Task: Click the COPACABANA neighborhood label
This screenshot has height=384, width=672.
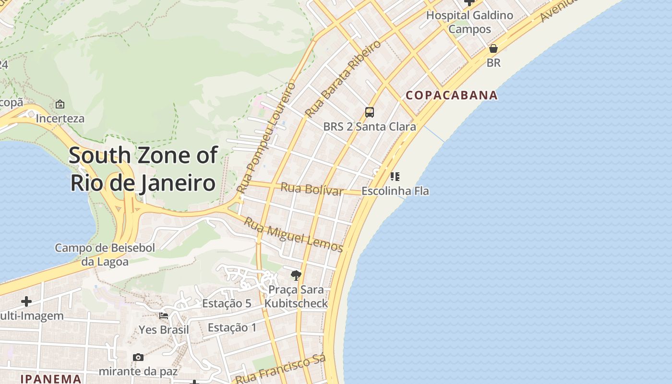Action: (452, 95)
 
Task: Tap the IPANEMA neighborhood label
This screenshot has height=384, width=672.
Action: (50, 379)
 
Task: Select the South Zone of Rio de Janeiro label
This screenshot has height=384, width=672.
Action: (143, 169)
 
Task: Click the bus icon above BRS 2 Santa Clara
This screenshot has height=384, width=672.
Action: (369, 112)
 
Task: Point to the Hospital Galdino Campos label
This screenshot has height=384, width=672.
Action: (469, 22)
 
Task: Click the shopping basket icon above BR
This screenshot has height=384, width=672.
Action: (493, 48)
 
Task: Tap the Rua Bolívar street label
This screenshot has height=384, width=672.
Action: (312, 189)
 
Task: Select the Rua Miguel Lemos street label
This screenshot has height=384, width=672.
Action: (293, 235)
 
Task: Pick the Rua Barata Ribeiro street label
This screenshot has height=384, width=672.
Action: (343, 79)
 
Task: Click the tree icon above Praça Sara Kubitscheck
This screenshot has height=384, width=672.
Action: (296, 275)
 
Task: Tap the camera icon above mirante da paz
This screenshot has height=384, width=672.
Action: (138, 357)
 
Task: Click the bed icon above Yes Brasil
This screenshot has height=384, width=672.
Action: (164, 316)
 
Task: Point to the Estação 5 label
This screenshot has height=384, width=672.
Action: (227, 303)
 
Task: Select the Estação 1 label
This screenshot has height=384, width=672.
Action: (232, 328)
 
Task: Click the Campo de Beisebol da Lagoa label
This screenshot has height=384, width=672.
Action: (105, 255)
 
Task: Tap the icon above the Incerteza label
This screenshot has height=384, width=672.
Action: (60, 104)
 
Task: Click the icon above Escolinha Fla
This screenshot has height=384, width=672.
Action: (395, 177)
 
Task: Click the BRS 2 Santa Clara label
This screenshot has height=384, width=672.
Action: (369, 127)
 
